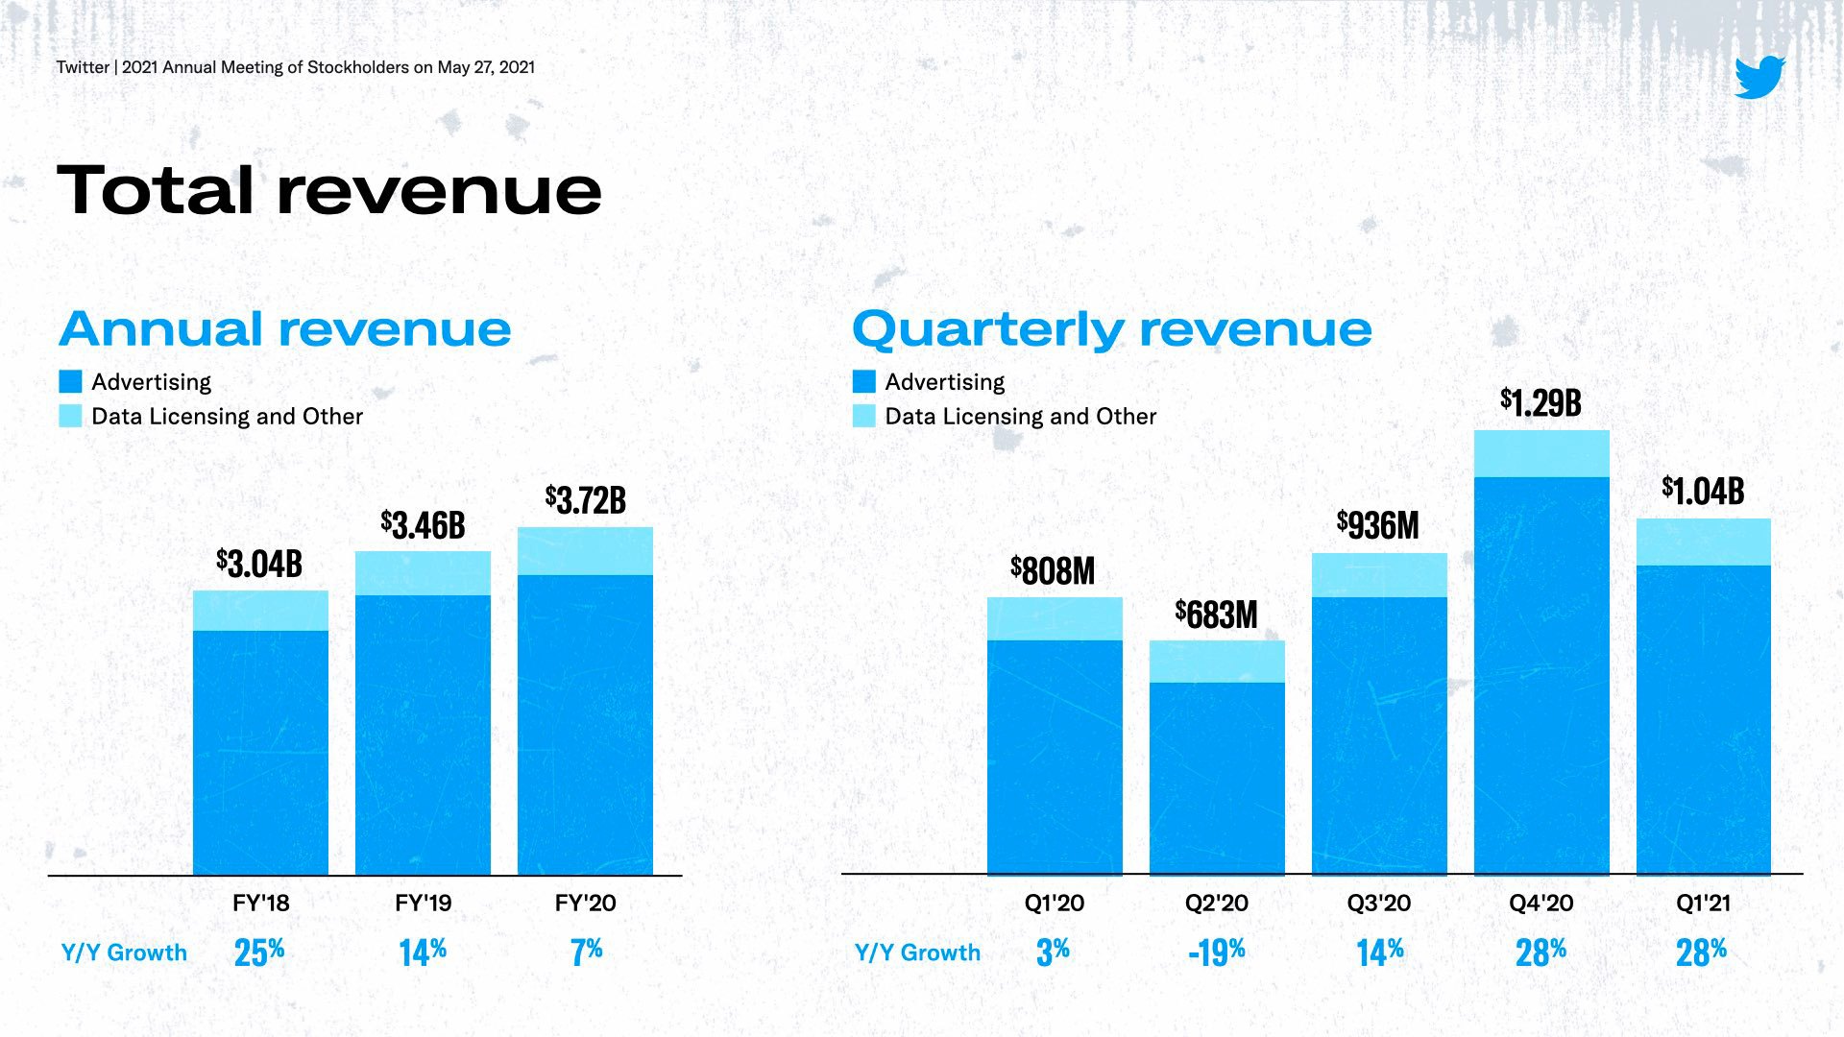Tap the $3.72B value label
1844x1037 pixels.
click(x=585, y=499)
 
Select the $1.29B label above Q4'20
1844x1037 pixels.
click(x=1541, y=402)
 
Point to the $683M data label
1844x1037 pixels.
click(x=1216, y=615)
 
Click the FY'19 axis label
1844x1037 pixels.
click(x=423, y=904)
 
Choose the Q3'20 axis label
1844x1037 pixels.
click(x=1379, y=904)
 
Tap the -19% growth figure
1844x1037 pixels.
click(x=1216, y=952)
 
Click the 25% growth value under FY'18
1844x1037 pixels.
click(x=259, y=952)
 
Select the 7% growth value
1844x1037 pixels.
click(x=586, y=952)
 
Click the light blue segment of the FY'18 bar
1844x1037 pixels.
click(x=260, y=611)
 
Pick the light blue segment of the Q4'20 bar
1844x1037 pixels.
click(x=1541, y=453)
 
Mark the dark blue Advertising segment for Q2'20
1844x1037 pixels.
click(x=1217, y=778)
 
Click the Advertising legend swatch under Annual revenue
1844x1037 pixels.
click(x=70, y=381)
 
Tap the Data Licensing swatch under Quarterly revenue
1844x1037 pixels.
click(x=863, y=416)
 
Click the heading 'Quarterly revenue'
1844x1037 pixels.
click(x=1111, y=328)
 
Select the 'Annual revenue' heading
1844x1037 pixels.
click(x=284, y=328)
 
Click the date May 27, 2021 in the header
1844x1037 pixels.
click(x=485, y=67)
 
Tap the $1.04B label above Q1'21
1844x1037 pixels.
click(x=1703, y=492)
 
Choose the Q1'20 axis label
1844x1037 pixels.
click(x=1054, y=904)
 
